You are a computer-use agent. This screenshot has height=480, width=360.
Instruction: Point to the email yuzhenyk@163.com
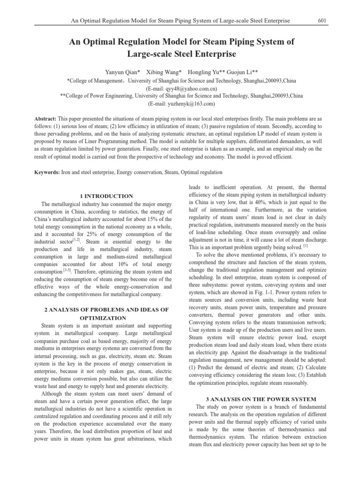click(x=181, y=104)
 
